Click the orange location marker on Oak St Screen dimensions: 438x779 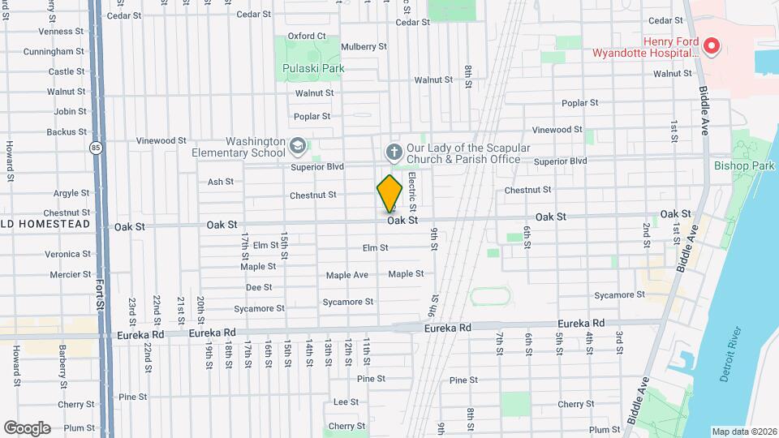pyautogui.click(x=390, y=193)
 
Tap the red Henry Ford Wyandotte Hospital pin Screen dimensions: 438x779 pyautogui.click(x=712, y=46)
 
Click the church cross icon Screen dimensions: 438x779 pyautogui.click(x=394, y=152)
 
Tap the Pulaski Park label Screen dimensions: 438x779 pyautogui.click(x=313, y=68)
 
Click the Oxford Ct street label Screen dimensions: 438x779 pyautogui.click(x=306, y=36)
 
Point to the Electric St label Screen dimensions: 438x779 pyautogui.click(x=412, y=187)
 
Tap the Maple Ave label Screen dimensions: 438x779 pyautogui.click(x=347, y=275)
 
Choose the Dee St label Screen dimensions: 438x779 pyautogui.click(x=259, y=287)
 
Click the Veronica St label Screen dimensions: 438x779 pyautogui.click(x=67, y=254)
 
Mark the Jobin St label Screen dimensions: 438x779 pyautogui.click(x=71, y=111)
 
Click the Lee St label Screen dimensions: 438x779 pyautogui.click(x=346, y=401)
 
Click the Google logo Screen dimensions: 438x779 pyautogui.click(x=27, y=428)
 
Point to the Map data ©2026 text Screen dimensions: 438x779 pyautogui.click(x=742, y=432)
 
